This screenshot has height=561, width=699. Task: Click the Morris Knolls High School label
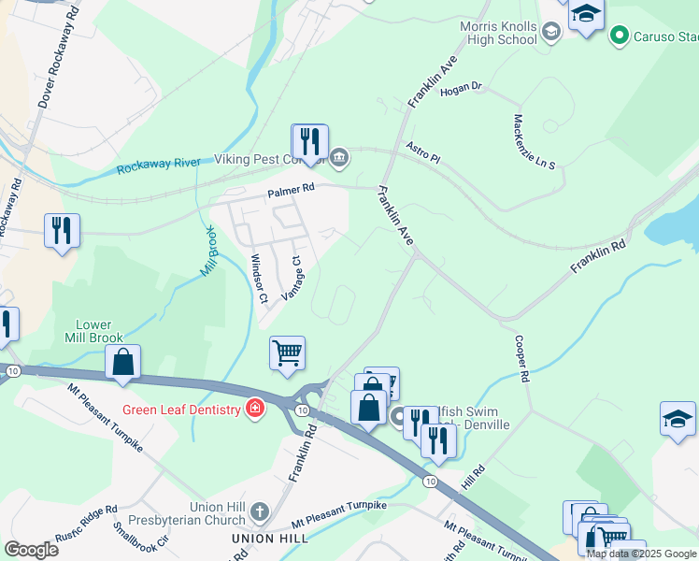coord(498,33)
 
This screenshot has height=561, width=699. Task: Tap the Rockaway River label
coord(159,165)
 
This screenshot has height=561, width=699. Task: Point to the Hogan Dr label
coord(460,87)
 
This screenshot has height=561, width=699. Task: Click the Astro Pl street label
coord(422,152)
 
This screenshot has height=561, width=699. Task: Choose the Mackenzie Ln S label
coord(534,141)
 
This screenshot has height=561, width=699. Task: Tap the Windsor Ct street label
coord(258,279)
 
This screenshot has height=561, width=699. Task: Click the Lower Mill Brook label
coord(89,330)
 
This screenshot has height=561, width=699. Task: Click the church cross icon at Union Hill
coord(259,511)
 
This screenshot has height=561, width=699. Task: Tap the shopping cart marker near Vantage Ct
coord(287,353)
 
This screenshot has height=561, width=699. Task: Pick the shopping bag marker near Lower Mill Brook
coord(122,362)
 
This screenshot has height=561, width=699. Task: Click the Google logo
coord(31,550)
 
